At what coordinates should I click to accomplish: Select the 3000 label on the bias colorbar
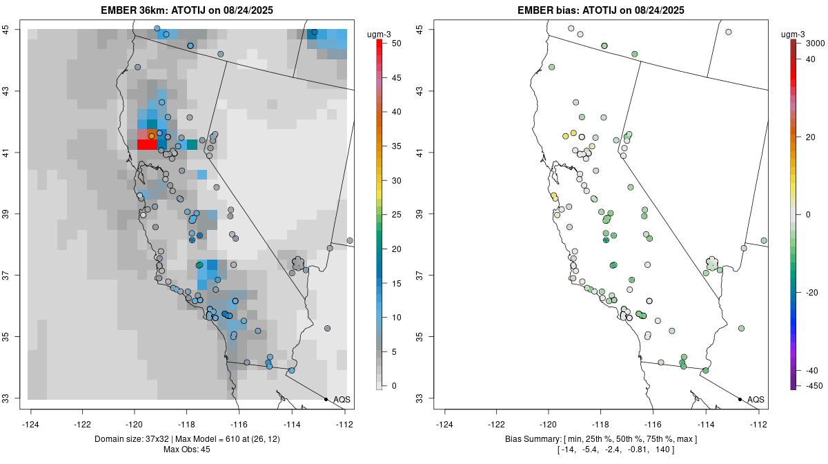pyautogui.click(x=815, y=43)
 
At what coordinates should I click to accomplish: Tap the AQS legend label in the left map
pyautogui.click(x=342, y=400)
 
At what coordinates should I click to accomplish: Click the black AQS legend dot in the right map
pyautogui.click(x=740, y=399)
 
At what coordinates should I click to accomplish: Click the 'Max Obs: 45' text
pyautogui.click(x=187, y=449)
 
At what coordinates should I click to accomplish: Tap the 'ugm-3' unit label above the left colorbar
pyautogui.click(x=379, y=35)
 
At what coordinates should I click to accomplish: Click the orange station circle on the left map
pyautogui.click(x=151, y=136)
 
